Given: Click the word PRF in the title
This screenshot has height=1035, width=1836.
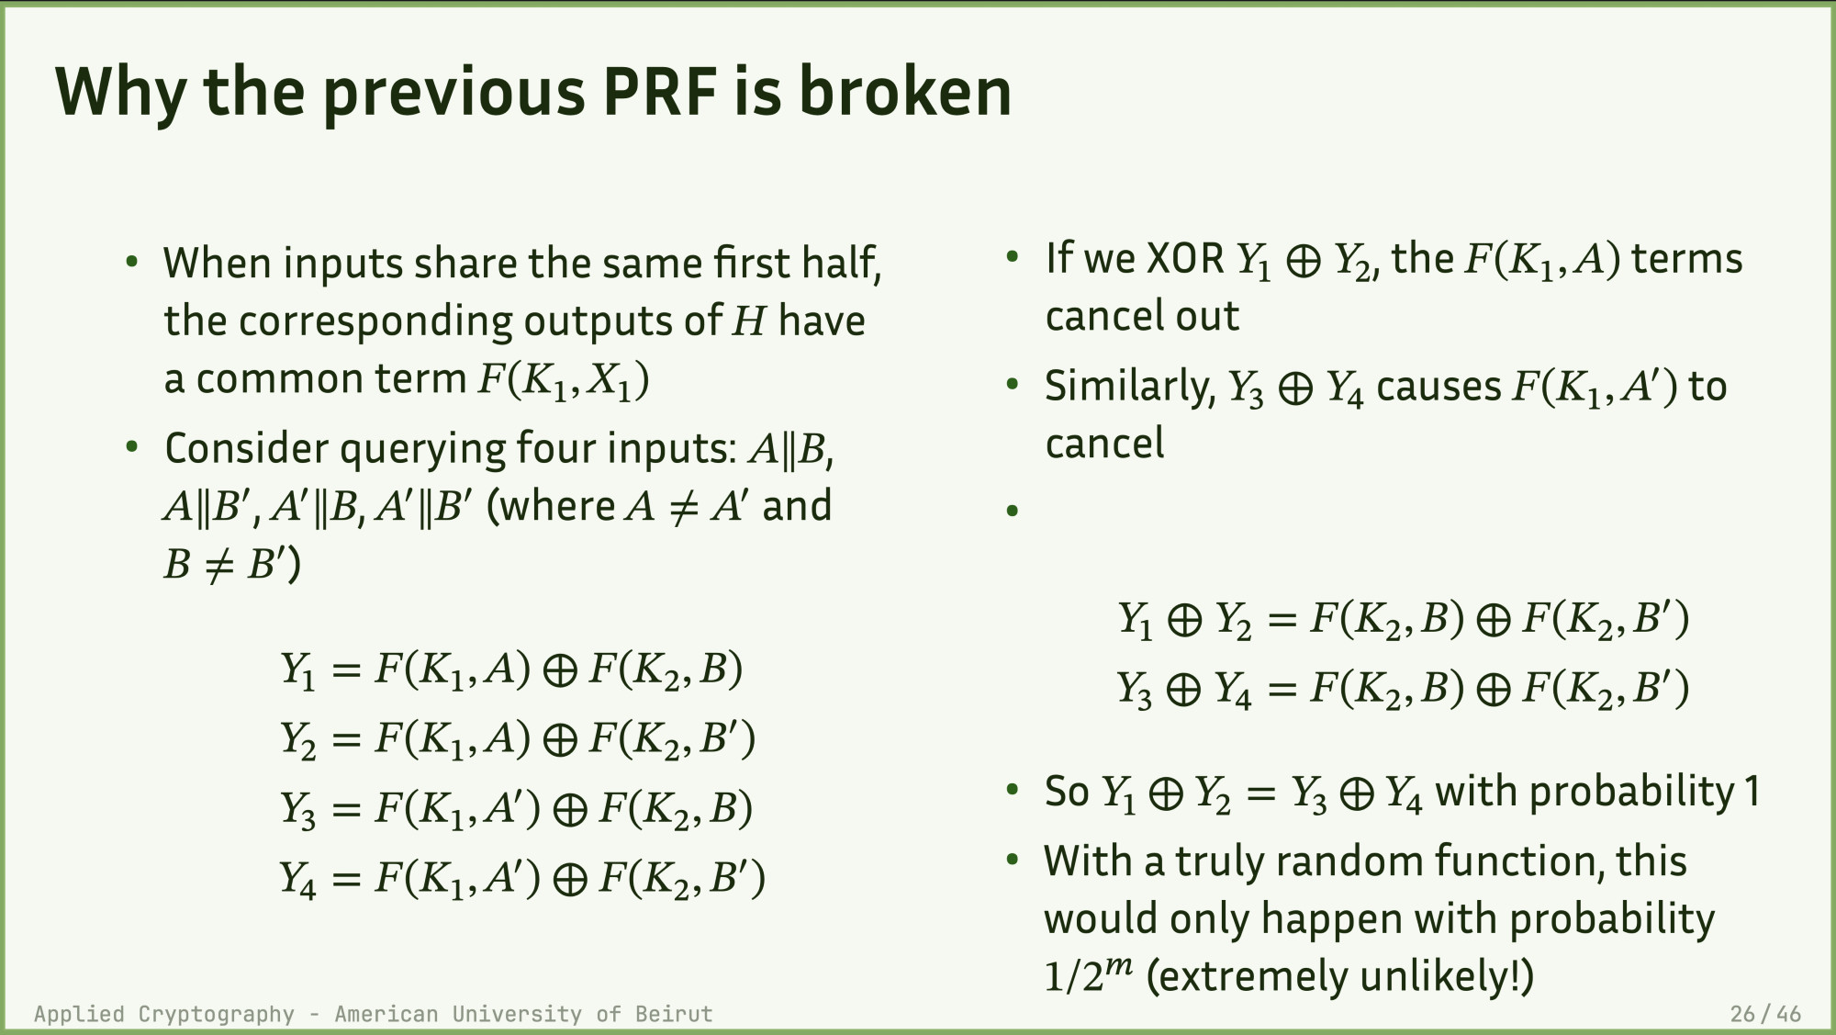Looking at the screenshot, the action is [658, 92].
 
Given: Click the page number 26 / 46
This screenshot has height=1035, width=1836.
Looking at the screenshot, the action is [1765, 1014].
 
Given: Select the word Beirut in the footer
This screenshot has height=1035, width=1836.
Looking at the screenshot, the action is [674, 1014].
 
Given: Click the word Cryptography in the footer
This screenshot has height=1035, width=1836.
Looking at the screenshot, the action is [217, 1015].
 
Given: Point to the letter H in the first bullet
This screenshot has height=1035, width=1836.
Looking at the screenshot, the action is [749, 321].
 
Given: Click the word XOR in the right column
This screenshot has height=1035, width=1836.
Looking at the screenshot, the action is [1185, 259].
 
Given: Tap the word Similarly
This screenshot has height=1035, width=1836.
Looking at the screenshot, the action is [1130, 387].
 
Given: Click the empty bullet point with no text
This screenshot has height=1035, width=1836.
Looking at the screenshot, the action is [1013, 512].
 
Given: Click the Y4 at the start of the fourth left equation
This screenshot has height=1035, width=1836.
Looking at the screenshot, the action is [298, 880].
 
